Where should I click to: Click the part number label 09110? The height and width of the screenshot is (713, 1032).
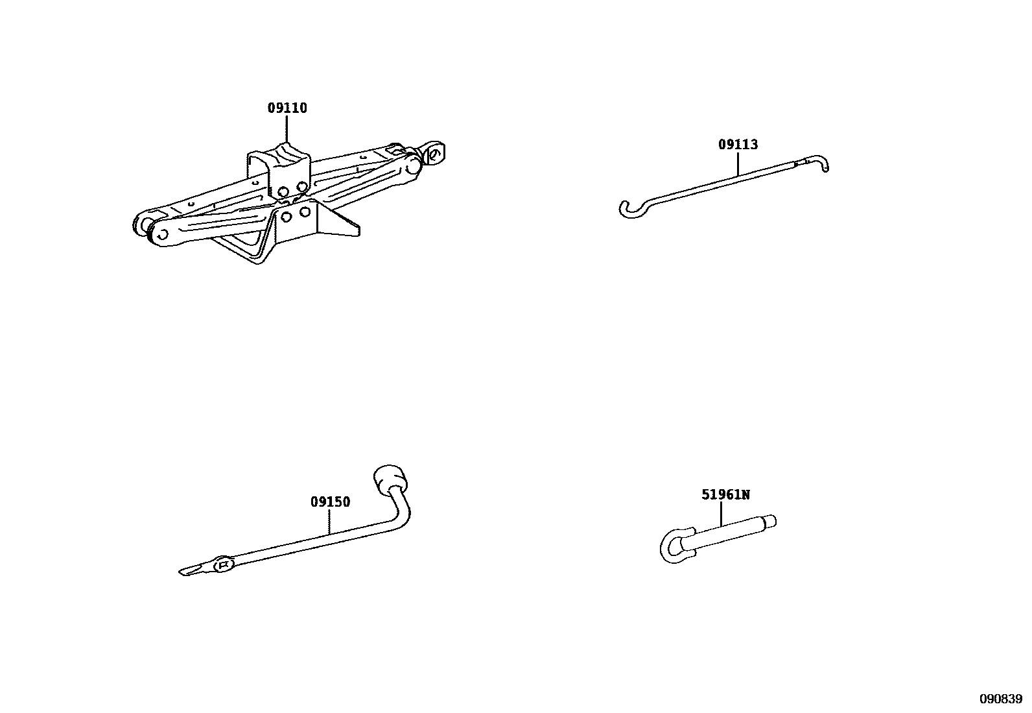[287, 108]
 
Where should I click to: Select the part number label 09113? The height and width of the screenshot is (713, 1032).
[738, 145]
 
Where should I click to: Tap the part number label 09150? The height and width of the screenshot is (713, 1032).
[330, 502]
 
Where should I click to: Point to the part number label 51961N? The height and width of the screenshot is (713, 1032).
[725, 495]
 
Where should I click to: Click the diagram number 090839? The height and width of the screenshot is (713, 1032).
[1000, 699]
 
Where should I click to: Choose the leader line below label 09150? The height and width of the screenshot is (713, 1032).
[330, 521]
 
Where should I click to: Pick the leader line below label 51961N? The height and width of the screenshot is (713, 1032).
[721, 514]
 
